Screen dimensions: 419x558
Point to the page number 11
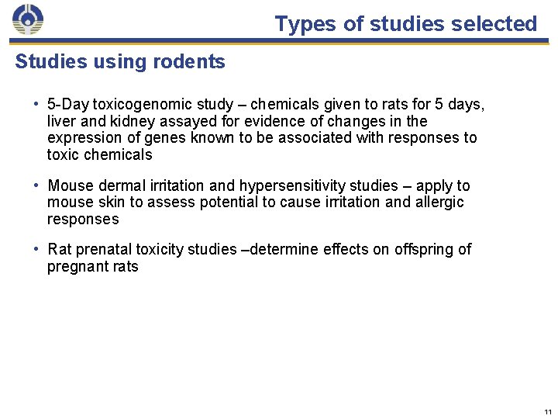(x=548, y=411)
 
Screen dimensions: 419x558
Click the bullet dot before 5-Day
(x=36, y=104)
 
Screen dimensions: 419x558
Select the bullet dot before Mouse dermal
(x=36, y=185)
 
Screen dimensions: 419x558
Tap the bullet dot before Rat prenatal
(x=36, y=249)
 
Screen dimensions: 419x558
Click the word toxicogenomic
(x=137, y=104)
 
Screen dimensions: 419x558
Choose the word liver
(x=60, y=121)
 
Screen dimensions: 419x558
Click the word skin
(x=105, y=203)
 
